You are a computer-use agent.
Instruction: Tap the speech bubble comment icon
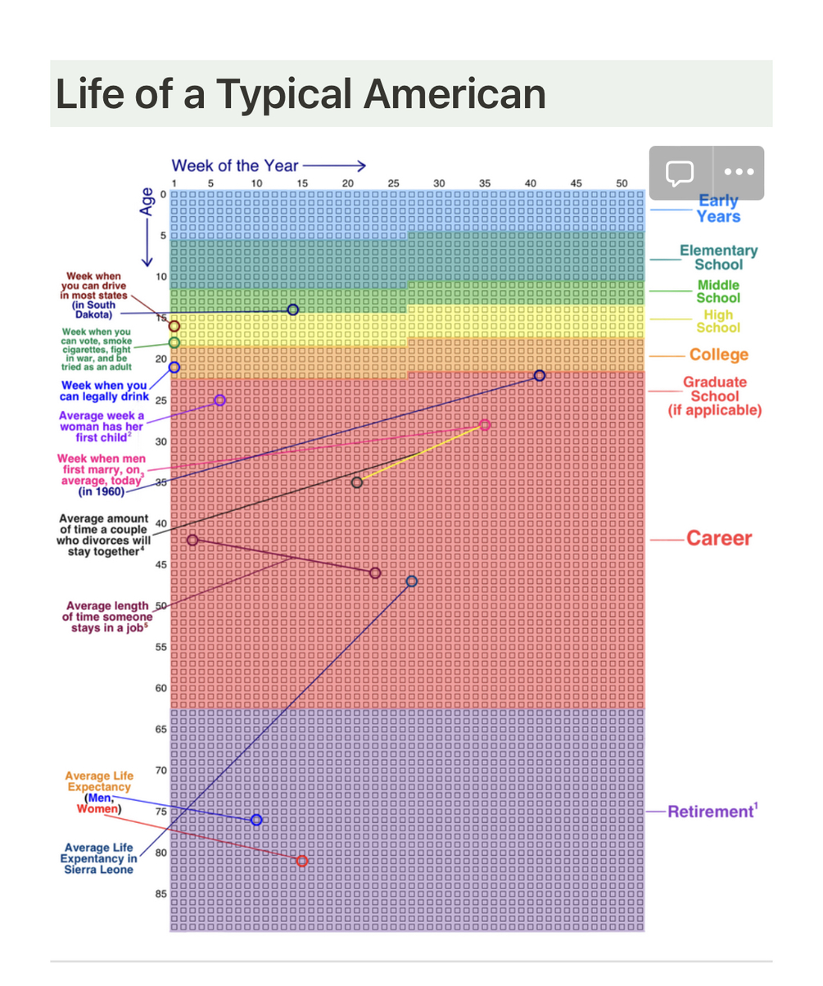point(681,173)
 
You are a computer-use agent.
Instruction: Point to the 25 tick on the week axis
point(393,183)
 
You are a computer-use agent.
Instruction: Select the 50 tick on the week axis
point(622,183)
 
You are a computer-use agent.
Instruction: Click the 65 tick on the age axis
point(161,729)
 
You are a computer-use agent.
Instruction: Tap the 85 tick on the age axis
point(161,893)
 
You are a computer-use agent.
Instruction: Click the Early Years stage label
point(718,209)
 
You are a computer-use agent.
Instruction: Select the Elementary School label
point(718,257)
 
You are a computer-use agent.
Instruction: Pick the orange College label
point(718,355)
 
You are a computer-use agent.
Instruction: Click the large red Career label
point(718,538)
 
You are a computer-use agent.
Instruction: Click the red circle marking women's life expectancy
point(302,861)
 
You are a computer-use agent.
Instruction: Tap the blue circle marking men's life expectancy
point(256,820)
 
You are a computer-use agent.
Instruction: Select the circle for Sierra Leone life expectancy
point(411,581)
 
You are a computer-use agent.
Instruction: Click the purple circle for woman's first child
point(219,400)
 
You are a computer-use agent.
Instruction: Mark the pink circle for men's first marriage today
point(485,425)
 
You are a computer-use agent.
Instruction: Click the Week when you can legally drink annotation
point(104,391)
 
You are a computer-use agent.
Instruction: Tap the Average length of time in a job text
point(107,617)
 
